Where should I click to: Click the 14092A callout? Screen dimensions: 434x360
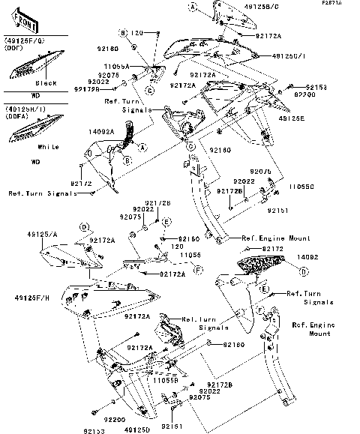(x=102, y=131)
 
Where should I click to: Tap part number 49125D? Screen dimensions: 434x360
(x=137, y=430)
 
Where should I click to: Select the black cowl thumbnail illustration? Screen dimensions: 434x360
(x=28, y=66)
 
